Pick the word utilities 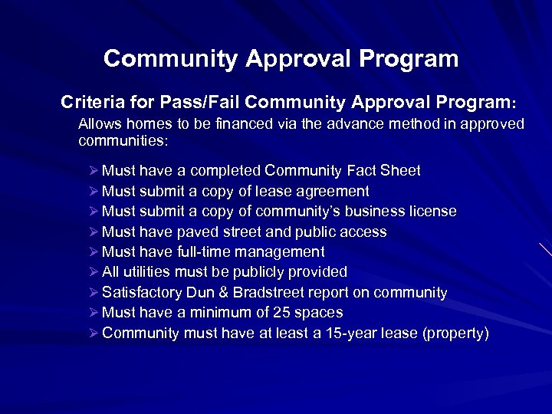[x=146, y=272]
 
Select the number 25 [x=269, y=313]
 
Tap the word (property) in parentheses [x=453, y=333]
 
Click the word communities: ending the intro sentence [x=123, y=141]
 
